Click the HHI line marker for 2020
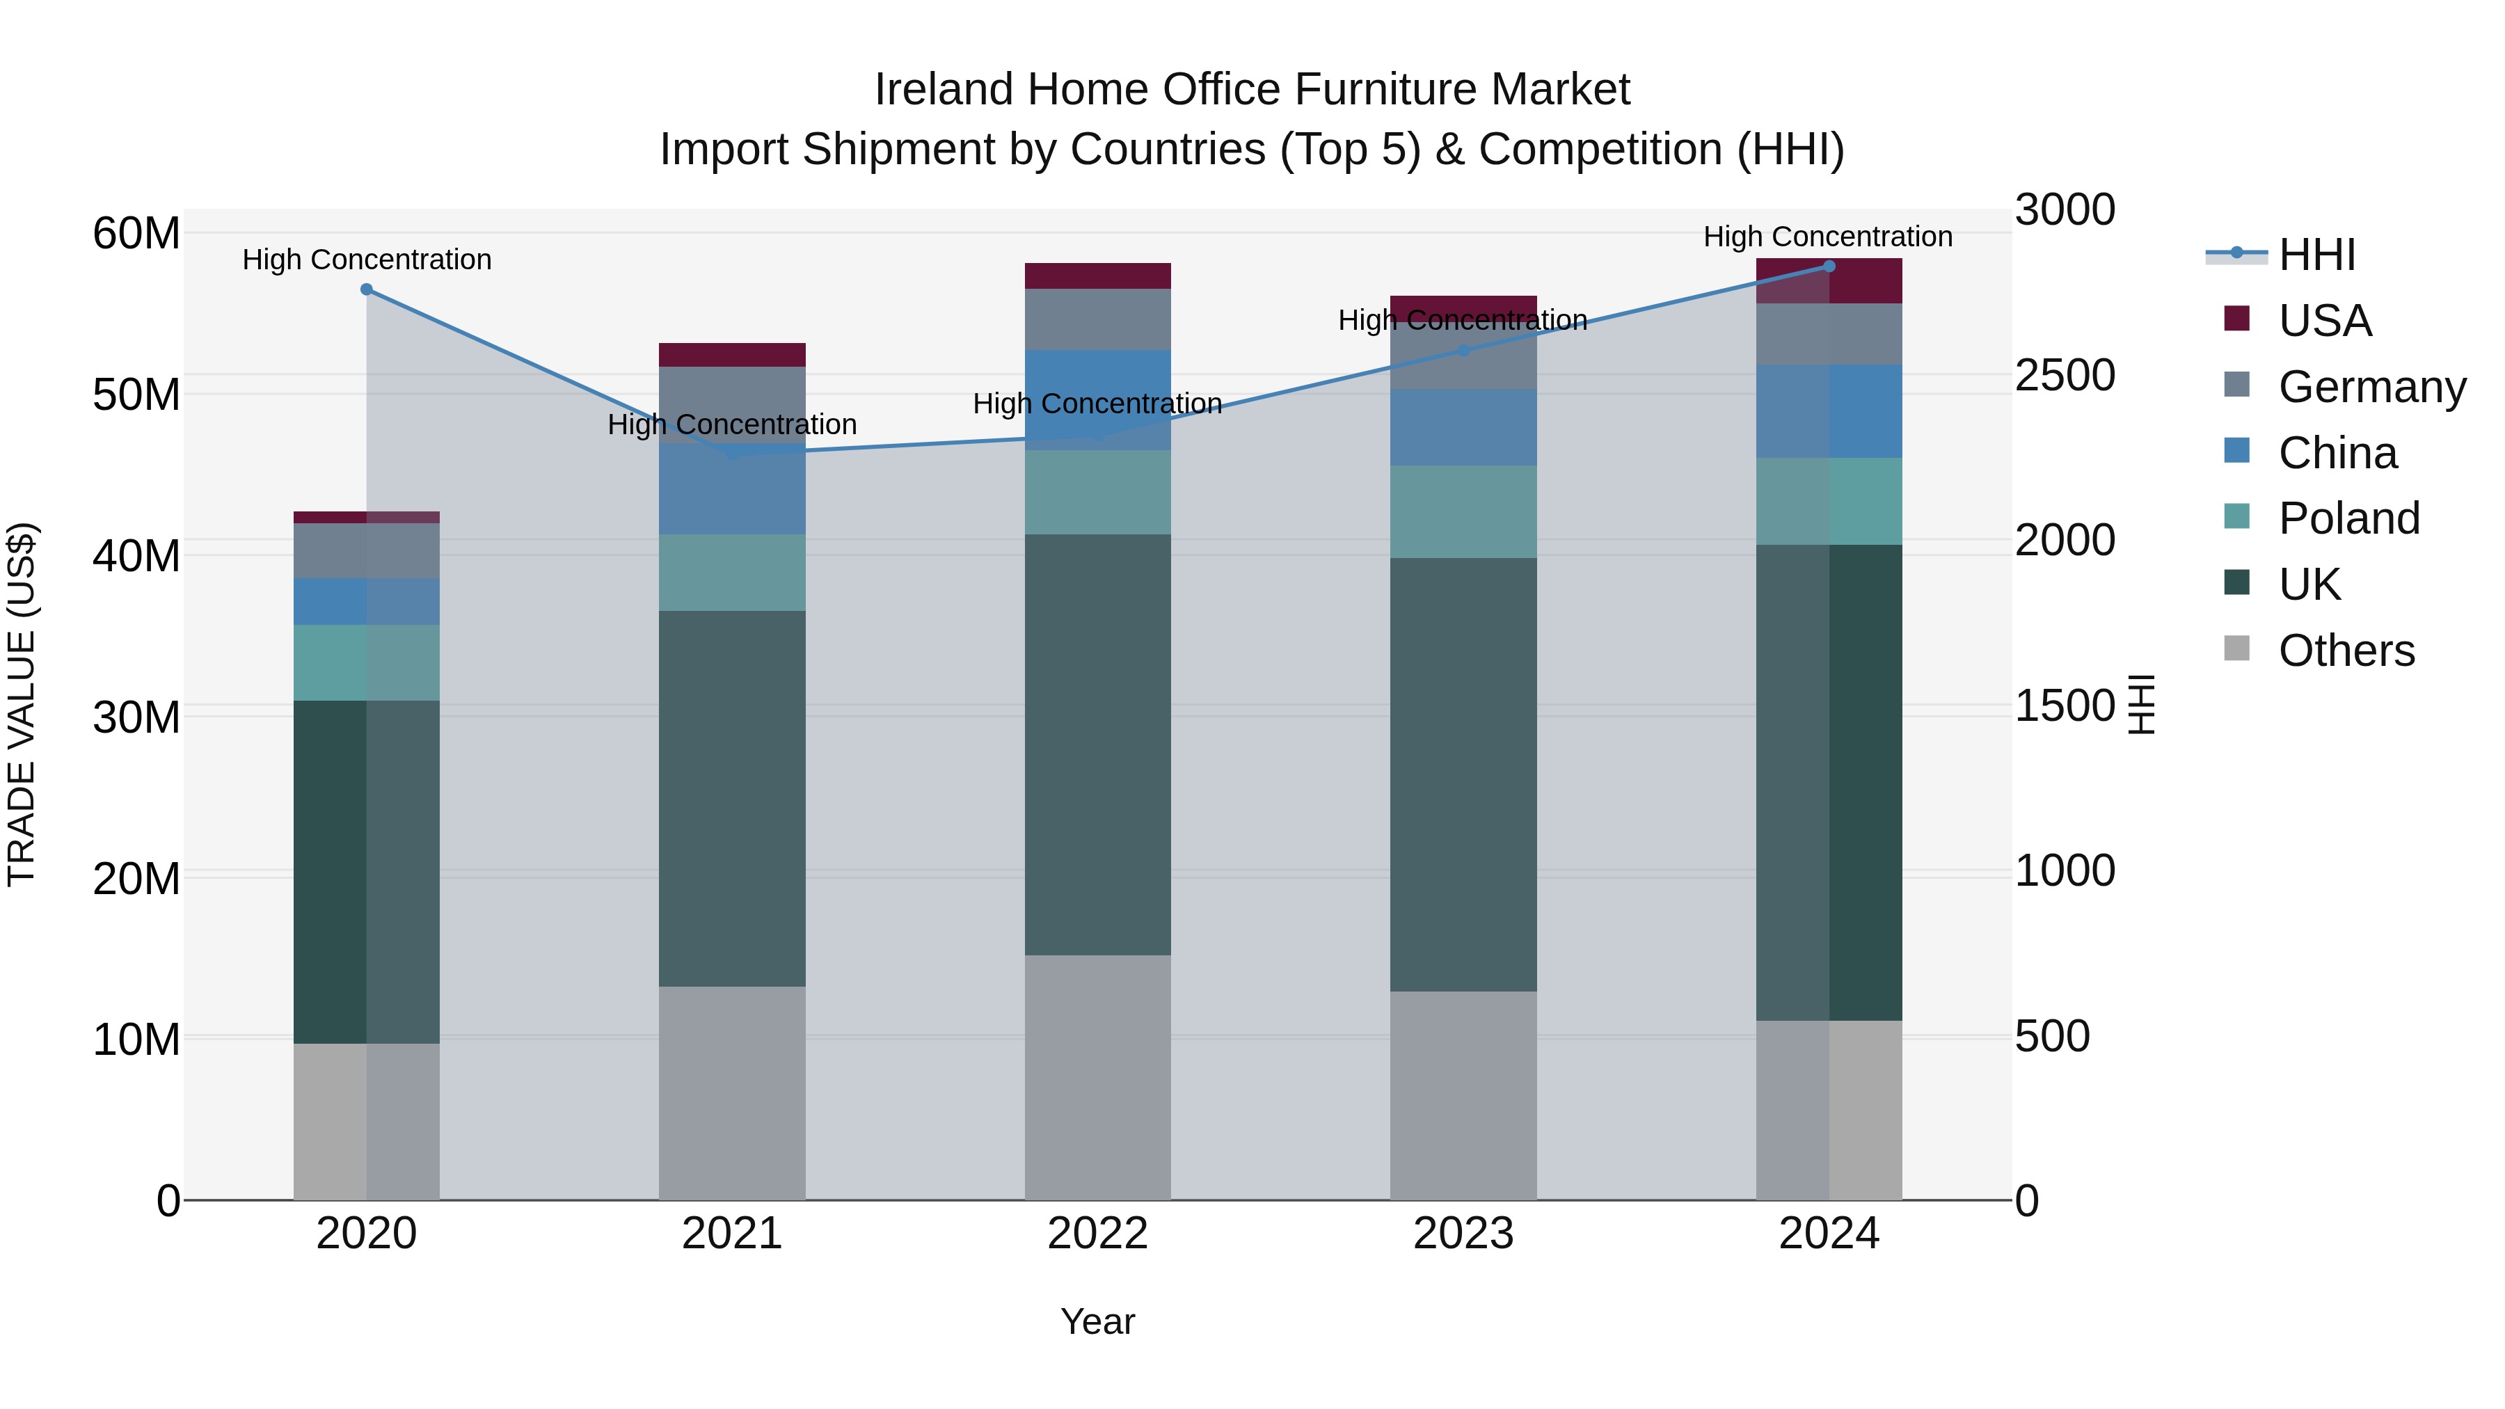[367, 289]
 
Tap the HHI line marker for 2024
[1829, 266]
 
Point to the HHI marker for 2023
[1463, 350]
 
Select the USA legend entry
[2324, 320]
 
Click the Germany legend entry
[2371, 386]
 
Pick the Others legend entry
[2346, 650]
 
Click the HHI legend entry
[2316, 255]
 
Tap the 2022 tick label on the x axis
[1098, 1234]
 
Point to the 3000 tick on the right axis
[2065, 210]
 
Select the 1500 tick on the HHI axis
[2065, 706]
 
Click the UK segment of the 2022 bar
[1098, 744]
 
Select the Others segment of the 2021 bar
[732, 1093]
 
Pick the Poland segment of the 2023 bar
[1463, 511]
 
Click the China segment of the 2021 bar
[732, 489]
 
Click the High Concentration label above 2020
[367, 260]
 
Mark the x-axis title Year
[1098, 1321]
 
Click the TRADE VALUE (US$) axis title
[22, 704]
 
